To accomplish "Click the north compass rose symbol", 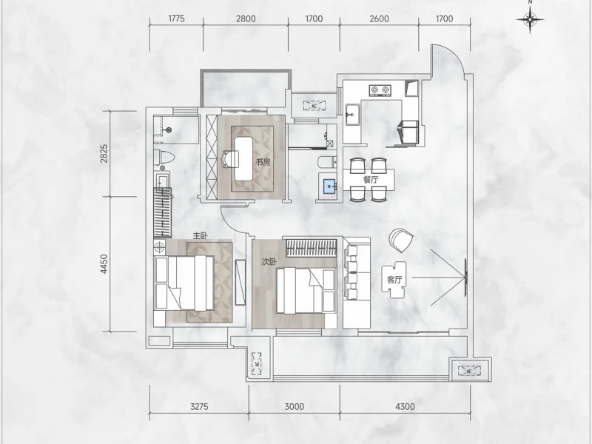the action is coord(531,18).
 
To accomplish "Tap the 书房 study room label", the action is coord(263,162).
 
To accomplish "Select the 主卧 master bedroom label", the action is coord(201,236).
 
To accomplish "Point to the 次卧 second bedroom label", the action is coord(269,262).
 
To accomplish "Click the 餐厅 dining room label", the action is coord(371,179).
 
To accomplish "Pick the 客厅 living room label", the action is coord(394,280).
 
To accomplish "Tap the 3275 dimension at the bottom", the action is coord(199,406).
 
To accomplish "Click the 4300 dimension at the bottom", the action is coord(405,406).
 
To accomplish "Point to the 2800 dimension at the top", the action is coord(246,18).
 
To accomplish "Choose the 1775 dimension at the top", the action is coord(176,18).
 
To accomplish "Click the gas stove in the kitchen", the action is coord(380,90).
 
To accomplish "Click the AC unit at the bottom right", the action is coord(469,371).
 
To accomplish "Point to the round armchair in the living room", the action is coord(401,240).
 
